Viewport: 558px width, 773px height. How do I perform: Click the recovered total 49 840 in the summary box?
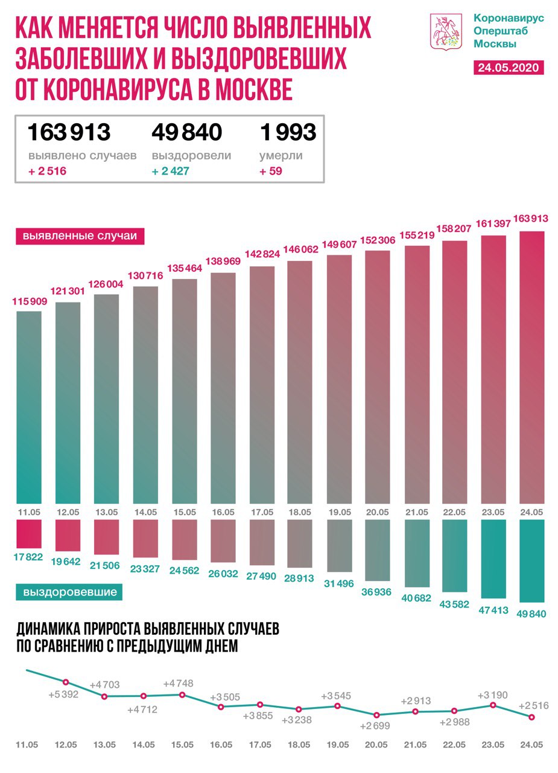(187, 132)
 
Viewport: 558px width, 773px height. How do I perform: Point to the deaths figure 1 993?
(288, 132)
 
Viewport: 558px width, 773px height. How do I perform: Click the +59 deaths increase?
(271, 172)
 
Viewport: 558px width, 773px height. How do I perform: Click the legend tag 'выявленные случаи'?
(80, 236)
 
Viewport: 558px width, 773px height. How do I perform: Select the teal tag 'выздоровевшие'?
(70, 592)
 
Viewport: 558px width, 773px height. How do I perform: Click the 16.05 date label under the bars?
(223, 512)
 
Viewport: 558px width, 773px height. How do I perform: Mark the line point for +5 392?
(66, 682)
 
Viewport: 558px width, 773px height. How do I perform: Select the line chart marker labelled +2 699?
(376, 716)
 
